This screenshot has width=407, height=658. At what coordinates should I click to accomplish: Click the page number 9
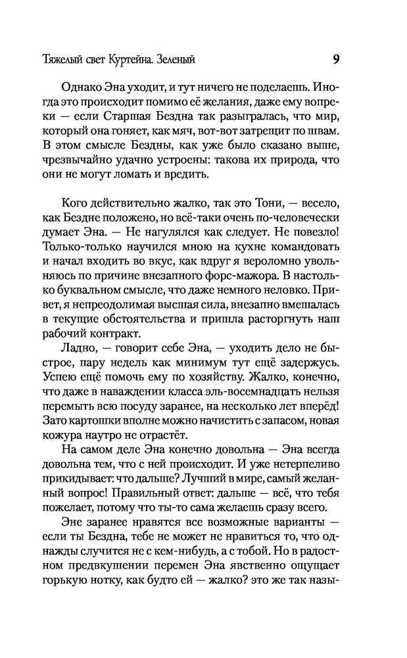pyautogui.click(x=335, y=59)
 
